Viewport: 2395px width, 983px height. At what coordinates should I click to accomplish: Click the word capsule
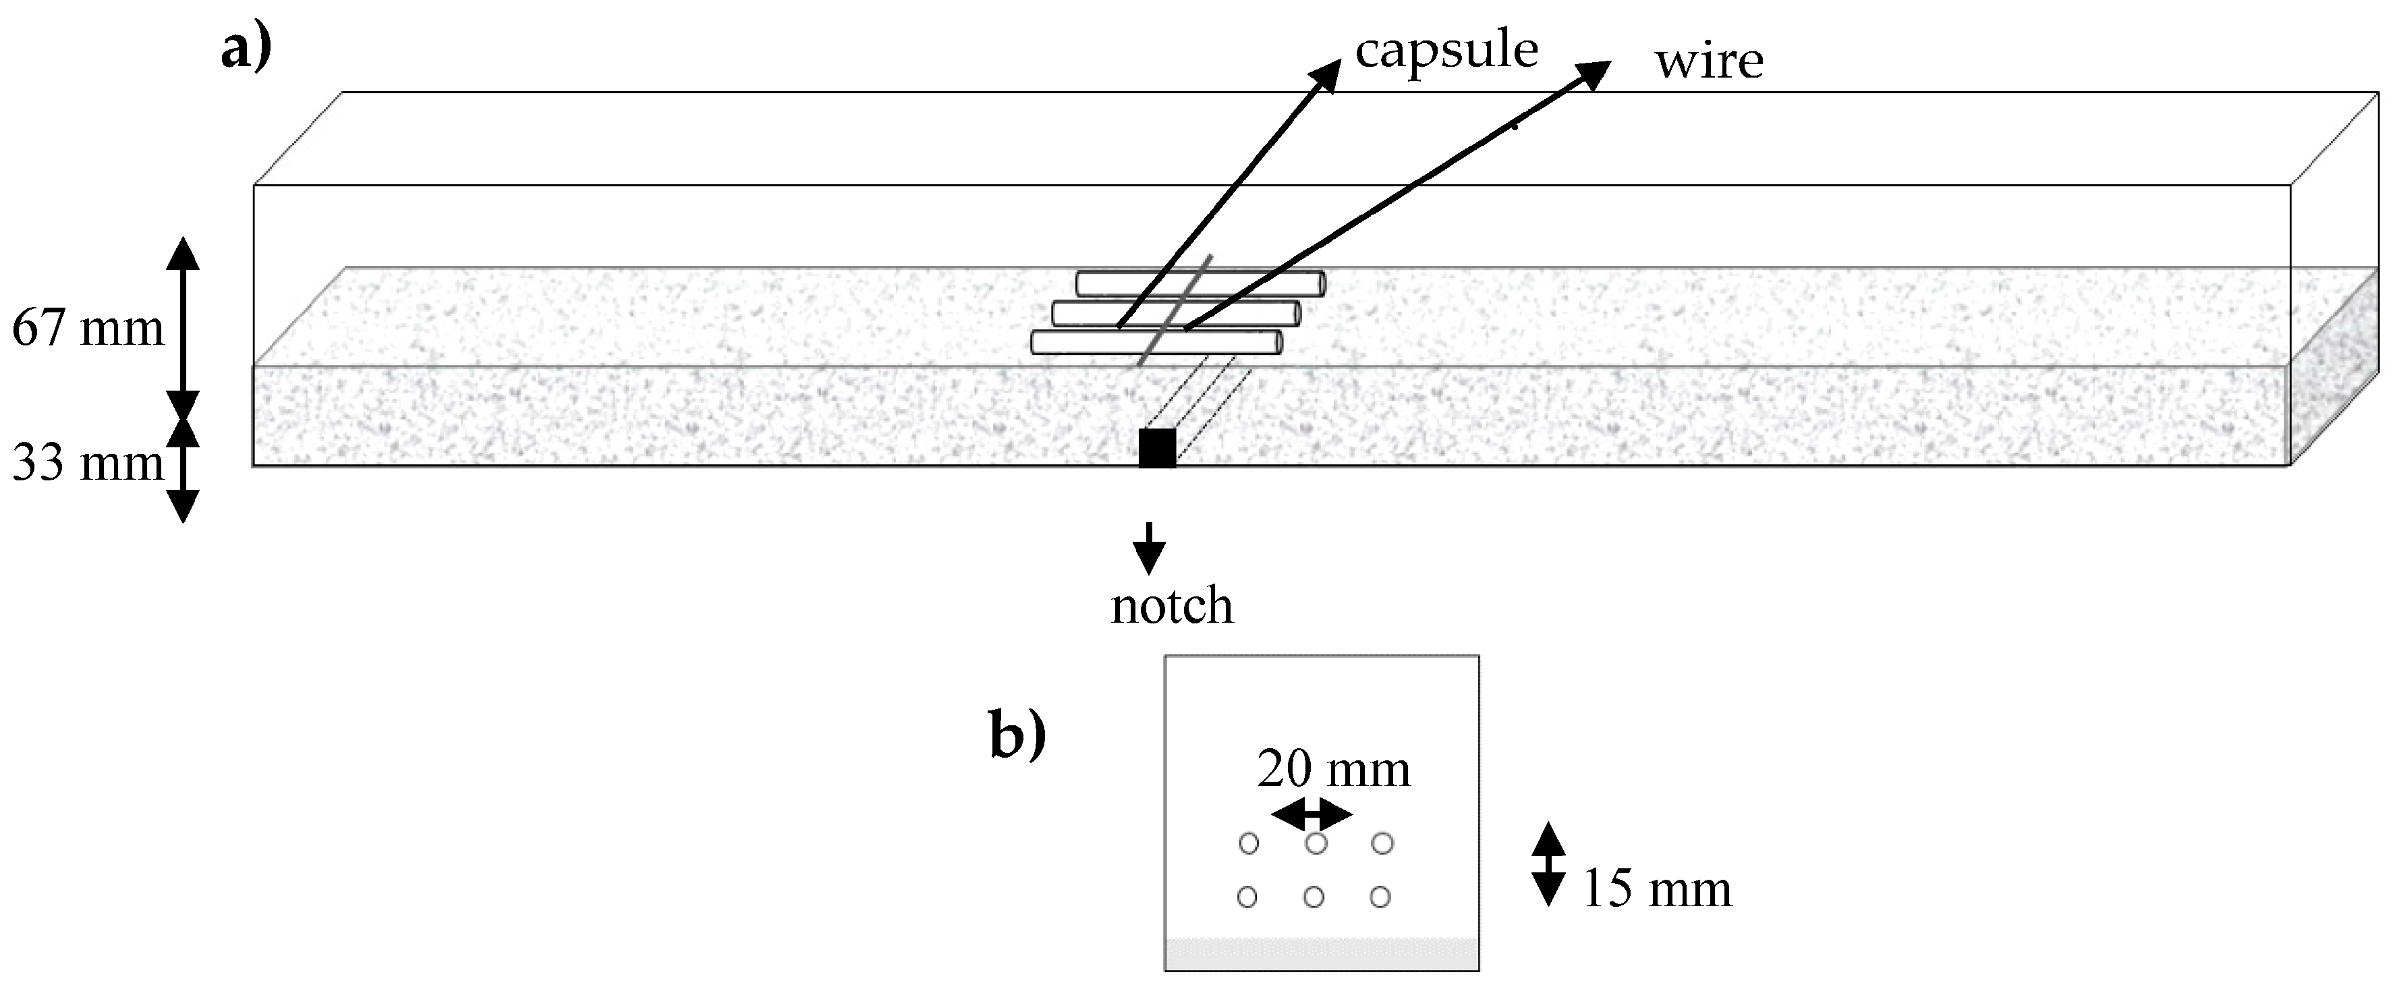(x=1446, y=51)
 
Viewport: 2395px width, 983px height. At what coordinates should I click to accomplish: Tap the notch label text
(x=1171, y=607)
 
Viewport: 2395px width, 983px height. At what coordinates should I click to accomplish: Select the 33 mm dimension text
(x=88, y=463)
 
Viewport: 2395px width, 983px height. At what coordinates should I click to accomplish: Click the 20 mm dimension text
(x=1333, y=770)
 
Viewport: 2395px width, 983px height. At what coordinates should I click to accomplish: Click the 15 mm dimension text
(x=1657, y=889)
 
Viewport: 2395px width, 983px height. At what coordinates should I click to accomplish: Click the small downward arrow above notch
(x=1149, y=549)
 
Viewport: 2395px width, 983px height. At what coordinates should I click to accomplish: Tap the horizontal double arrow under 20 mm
(x=1311, y=816)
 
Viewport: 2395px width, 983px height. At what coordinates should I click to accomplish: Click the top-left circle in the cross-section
(x=1249, y=843)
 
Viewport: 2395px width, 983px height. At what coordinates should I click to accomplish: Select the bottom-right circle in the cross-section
(x=1380, y=897)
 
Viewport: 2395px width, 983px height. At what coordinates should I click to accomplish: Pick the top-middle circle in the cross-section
(x=1316, y=843)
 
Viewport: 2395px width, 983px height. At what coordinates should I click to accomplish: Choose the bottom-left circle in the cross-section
(x=1247, y=897)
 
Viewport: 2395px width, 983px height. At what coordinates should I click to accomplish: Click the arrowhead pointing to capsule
(x=1328, y=74)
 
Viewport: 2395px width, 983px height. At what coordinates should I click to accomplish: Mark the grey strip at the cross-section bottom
(x=1321, y=954)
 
